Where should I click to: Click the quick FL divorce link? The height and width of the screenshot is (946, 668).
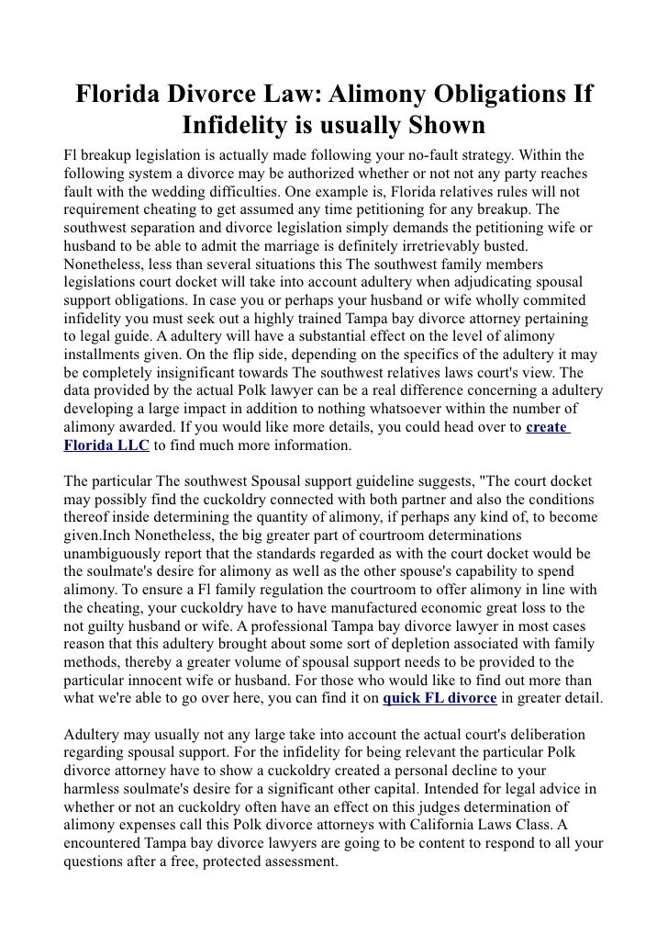pos(440,698)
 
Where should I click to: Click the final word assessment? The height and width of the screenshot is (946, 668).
pos(298,862)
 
